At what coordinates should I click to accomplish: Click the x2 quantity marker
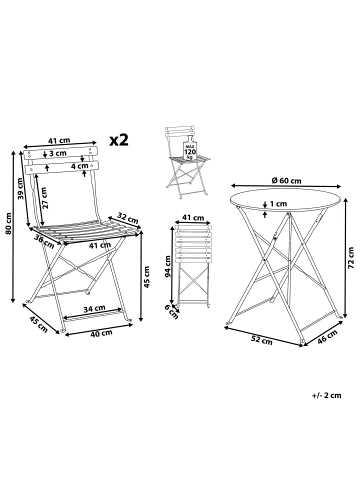pos(119,140)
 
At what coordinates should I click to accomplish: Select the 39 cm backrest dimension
pos(20,189)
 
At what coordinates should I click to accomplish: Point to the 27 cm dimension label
pos(44,198)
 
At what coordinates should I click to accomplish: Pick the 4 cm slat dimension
pos(79,166)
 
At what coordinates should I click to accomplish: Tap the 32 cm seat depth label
pos(128,218)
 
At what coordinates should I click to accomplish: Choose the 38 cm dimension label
pos(44,240)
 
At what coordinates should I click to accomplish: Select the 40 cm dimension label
pos(102,332)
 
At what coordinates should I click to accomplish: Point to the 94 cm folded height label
pos(168,267)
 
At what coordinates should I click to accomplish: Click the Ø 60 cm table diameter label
pos(286,181)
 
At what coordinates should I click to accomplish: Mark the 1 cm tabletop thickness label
pos(279,203)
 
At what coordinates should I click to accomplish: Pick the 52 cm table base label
pos(262,340)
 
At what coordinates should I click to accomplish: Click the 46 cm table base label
pos(327,336)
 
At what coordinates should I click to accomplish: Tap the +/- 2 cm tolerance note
pos(327,395)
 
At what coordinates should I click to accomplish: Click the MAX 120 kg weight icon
pos(190,149)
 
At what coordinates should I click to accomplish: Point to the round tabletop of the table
pos(285,202)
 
